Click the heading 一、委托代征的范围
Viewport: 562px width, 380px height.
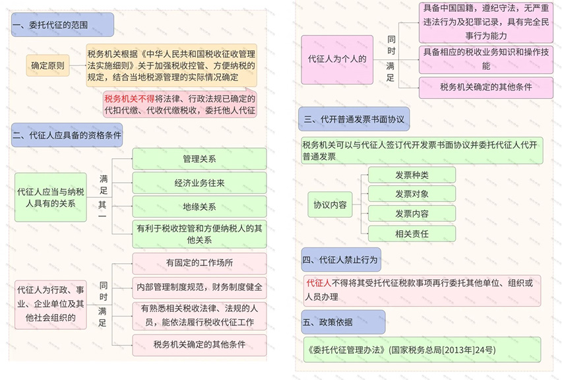tap(63, 24)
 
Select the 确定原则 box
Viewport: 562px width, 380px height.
tap(47, 65)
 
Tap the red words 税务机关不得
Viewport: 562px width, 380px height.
tap(129, 98)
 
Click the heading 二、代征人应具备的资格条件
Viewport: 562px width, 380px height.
tap(67, 135)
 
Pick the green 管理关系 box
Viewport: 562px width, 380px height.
tap(199, 159)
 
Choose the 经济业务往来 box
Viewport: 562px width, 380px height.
tap(199, 183)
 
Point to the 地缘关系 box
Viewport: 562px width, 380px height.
tap(199, 206)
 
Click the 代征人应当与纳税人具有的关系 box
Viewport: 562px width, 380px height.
tap(51, 197)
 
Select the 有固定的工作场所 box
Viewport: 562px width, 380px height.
tap(199, 263)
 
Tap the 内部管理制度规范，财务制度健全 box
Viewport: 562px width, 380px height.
tap(199, 287)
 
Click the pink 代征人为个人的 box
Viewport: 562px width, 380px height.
tap(337, 59)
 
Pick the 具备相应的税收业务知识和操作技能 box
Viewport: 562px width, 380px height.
tap(486, 59)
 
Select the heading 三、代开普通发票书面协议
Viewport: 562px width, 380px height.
tap(354, 119)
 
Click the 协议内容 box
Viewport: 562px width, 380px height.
tap(330, 205)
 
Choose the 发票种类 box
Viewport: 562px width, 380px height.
tap(412, 175)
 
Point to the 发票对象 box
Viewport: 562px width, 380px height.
tap(412, 194)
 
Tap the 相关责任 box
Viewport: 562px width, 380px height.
tap(412, 234)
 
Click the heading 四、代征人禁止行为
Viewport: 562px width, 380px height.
tap(341, 259)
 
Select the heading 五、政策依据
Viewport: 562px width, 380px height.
tap(343, 322)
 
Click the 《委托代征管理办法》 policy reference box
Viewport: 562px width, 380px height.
tap(422, 350)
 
